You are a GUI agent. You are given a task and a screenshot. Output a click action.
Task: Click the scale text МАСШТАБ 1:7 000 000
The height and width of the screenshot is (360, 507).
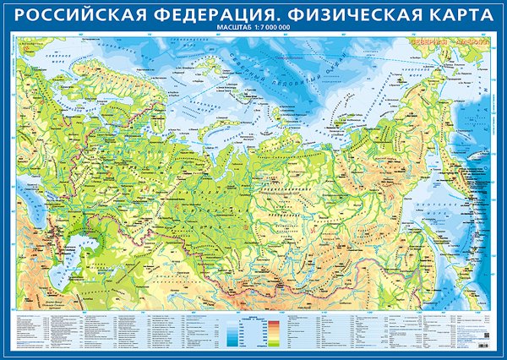pyautogui.click(x=253, y=30)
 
